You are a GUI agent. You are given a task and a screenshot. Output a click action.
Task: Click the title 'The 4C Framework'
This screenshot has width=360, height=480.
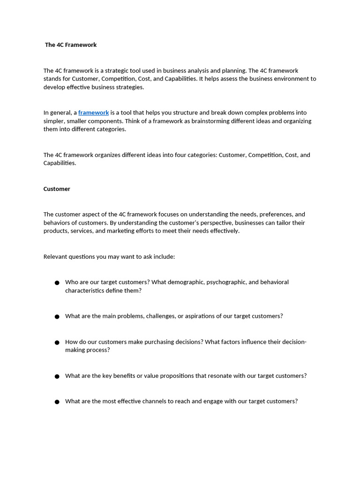pos(71,45)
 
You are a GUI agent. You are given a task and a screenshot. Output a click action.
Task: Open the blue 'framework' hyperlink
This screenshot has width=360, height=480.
pos(93,112)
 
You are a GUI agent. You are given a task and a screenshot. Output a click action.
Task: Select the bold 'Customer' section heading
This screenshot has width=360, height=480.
pos(57,189)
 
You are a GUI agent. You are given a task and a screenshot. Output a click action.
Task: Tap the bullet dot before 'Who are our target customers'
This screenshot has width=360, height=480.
pos(57,283)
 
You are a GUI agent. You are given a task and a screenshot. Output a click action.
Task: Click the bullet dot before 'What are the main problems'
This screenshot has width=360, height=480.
pos(57,316)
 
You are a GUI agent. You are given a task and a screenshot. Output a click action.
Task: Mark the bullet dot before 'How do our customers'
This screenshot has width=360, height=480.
pos(57,342)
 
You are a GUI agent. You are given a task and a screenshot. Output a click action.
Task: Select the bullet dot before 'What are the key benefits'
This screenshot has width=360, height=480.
pos(57,376)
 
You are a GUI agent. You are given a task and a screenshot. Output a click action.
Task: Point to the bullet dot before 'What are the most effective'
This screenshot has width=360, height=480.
pos(57,402)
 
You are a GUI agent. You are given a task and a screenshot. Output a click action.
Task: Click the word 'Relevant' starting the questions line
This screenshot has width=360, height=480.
pos(55,257)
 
